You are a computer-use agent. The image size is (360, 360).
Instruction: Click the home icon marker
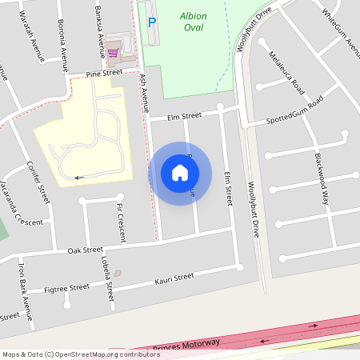point(179,172)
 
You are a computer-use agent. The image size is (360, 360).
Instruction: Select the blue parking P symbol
point(152,22)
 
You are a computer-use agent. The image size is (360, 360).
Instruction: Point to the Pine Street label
point(105,73)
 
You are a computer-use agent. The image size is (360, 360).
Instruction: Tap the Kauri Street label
point(174,278)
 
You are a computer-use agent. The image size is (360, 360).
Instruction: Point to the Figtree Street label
point(67,288)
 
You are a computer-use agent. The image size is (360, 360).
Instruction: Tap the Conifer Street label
point(38,183)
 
